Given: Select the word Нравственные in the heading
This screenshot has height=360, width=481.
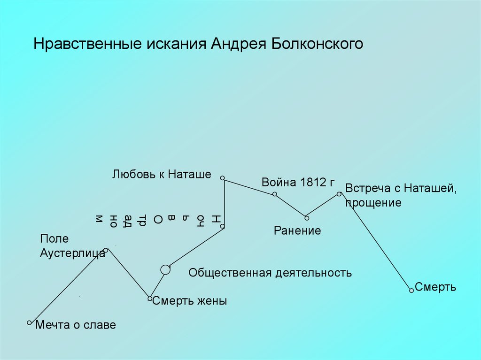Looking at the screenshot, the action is [x=87, y=44].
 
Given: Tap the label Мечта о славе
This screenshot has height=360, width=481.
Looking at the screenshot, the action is [x=76, y=325].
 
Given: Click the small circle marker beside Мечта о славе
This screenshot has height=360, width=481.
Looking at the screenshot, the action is [x=29, y=322].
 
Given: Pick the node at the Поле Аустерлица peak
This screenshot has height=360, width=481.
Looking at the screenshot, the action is [x=106, y=250].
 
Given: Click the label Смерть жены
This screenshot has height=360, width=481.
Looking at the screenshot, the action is [x=190, y=301].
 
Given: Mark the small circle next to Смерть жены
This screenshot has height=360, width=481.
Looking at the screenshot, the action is [x=150, y=299].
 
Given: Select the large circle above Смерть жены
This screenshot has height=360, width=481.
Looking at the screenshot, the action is [x=165, y=269].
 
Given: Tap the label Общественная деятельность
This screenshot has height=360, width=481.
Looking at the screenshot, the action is [x=270, y=273].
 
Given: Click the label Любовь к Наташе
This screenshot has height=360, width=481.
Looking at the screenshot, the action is [x=162, y=175].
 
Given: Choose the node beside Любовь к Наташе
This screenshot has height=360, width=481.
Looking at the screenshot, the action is [x=223, y=178].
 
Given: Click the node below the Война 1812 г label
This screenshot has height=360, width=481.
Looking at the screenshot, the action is [x=275, y=194].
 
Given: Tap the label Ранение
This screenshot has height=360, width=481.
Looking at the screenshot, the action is [x=298, y=230].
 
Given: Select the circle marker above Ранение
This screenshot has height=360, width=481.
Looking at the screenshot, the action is [x=306, y=217].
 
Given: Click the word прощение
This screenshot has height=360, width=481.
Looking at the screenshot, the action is [x=373, y=203].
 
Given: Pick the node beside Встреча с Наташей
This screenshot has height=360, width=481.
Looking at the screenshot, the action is [x=339, y=193].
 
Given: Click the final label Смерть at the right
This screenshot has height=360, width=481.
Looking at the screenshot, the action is [x=435, y=287].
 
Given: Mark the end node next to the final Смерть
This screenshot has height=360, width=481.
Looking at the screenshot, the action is [x=411, y=291].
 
